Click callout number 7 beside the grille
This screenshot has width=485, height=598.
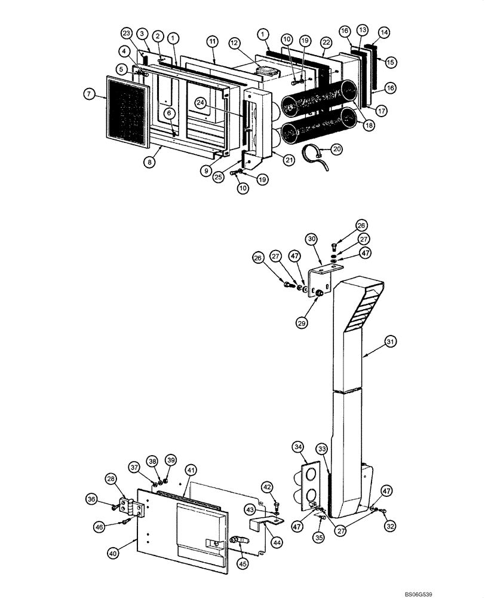point(89,93)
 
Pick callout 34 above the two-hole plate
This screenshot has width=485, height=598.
point(298,447)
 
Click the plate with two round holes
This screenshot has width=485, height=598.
point(310,484)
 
